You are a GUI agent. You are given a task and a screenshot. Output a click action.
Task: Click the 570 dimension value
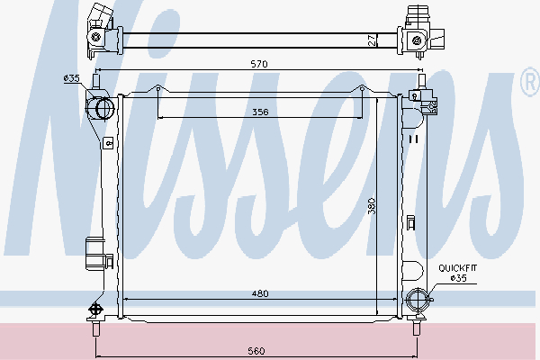(x=259, y=64)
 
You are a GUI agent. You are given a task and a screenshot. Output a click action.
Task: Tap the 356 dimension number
(x=260, y=112)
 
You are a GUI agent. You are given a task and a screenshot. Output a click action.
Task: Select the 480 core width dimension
(x=260, y=293)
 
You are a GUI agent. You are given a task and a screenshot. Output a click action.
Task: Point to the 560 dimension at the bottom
(x=256, y=351)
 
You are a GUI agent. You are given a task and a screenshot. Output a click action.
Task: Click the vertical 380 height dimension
(x=371, y=206)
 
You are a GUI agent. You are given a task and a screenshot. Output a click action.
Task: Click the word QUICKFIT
(x=458, y=268)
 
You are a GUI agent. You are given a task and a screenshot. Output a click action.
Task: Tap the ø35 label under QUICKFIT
(x=459, y=278)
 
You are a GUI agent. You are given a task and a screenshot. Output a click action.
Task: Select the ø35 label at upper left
(x=72, y=78)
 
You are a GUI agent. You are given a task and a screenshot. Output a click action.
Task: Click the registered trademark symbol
(x=530, y=82)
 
